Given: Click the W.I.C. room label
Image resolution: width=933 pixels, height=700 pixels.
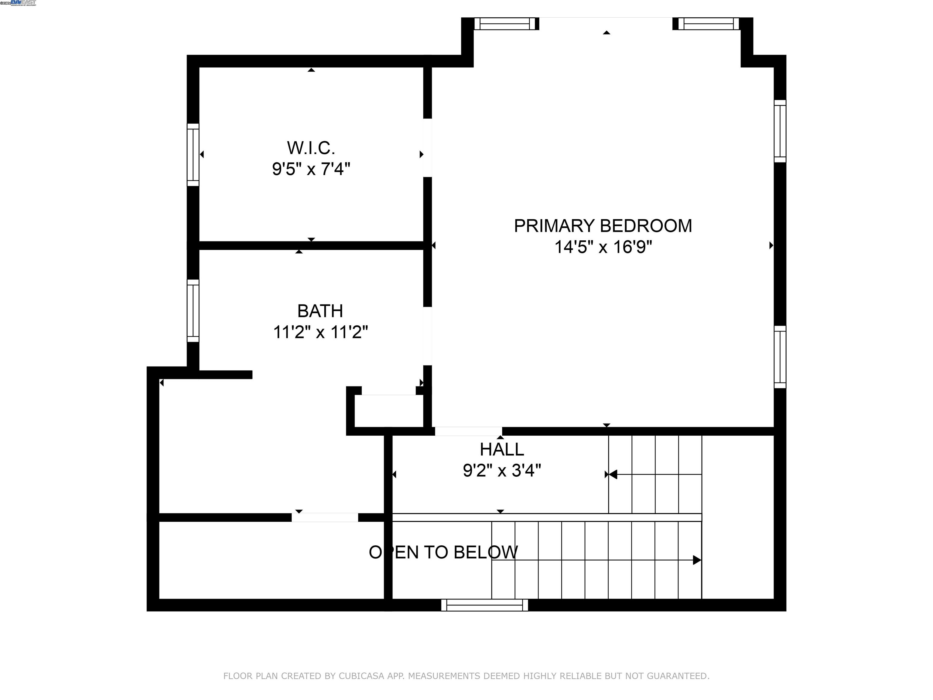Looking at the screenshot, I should coord(311,148).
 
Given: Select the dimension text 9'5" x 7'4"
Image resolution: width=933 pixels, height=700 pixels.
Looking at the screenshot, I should coord(311,169).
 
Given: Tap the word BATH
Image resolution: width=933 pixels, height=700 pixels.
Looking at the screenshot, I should coord(320,311).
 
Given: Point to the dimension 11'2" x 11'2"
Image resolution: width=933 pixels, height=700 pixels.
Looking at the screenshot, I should coord(320,332).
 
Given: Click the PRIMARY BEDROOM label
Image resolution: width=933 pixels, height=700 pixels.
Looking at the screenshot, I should coord(603,226).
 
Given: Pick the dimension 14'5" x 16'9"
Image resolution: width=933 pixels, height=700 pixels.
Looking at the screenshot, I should coord(603,247).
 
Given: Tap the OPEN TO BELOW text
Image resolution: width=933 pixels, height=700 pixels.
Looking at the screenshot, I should coord(443,552).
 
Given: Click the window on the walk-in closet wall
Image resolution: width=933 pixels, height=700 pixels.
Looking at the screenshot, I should coord(193,154).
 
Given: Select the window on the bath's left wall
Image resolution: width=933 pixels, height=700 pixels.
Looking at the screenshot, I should coord(193,311).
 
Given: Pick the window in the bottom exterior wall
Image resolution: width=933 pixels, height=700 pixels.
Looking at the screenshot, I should coord(484,605).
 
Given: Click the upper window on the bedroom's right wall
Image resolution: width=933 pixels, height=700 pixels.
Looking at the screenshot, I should coord(780,131).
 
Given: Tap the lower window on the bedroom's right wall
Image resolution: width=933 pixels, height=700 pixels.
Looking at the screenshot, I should coord(780,357).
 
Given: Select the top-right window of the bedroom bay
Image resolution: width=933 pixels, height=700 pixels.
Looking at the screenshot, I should coord(708,24).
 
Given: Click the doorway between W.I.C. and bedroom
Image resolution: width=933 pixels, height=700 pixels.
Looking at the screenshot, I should coord(427,148).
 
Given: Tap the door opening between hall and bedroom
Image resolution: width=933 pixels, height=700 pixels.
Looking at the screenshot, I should coord(468,431).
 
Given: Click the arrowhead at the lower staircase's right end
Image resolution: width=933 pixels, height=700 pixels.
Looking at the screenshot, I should coord(697,560).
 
